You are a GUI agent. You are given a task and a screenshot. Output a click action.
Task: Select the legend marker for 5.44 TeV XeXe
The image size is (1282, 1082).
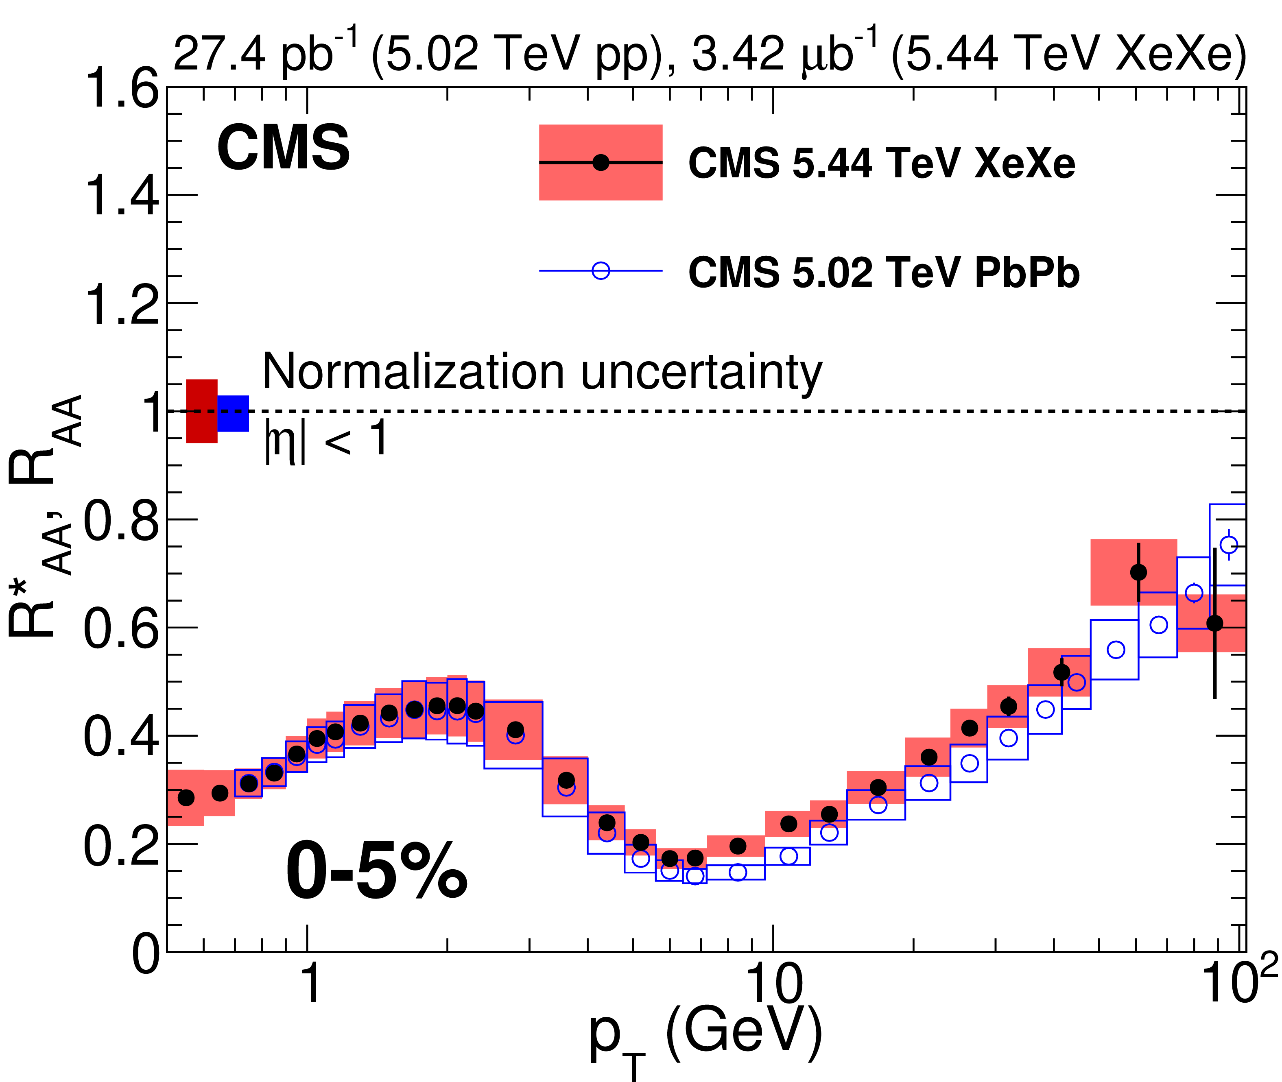point(601,163)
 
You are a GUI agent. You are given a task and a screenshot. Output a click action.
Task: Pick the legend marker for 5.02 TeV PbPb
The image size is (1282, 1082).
point(601,270)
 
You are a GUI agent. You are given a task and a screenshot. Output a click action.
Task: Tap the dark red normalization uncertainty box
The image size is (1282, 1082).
point(202,411)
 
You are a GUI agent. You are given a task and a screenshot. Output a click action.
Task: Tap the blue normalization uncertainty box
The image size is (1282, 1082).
point(233,413)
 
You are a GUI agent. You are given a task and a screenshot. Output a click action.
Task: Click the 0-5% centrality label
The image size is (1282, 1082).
point(376,871)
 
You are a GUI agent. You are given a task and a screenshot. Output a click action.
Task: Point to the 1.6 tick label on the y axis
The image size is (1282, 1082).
point(122,89)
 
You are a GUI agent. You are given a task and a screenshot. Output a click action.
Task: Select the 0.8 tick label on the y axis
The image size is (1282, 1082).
point(122,520)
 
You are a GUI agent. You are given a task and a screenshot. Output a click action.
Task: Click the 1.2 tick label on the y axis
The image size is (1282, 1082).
point(122,305)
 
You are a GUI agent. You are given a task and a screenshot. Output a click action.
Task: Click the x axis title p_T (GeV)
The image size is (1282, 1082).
point(705,1036)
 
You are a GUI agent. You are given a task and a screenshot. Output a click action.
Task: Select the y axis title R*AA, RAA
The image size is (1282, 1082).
point(43,515)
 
